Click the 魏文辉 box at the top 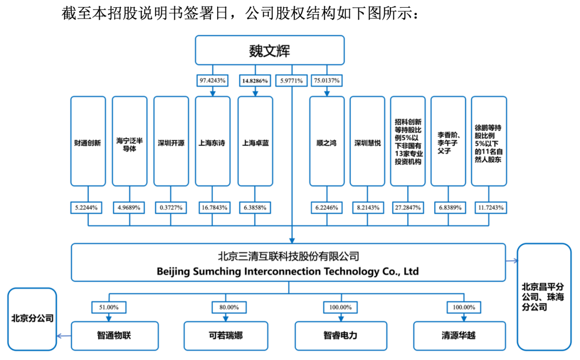pyautogui.click(x=270, y=50)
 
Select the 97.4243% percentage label pyautogui.click(x=212, y=81)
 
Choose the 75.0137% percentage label pyautogui.click(x=326, y=81)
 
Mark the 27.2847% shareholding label pyautogui.click(x=408, y=207)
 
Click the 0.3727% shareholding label pyautogui.click(x=171, y=207)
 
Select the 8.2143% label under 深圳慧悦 pyautogui.click(x=367, y=207)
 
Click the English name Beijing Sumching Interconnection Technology pyautogui.click(x=287, y=271)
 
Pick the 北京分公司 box pyautogui.click(x=32, y=318)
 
